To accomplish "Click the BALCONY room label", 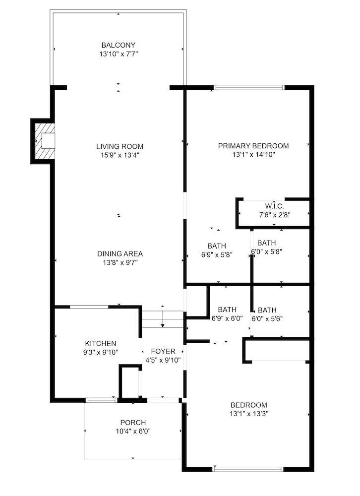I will [118, 45].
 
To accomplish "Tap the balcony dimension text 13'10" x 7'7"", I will [118, 53].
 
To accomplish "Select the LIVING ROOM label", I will [120, 146].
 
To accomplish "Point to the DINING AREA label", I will [120, 254].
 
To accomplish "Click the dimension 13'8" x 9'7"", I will [120, 262].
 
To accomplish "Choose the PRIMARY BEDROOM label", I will [253, 146].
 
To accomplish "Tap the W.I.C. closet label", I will [274, 206].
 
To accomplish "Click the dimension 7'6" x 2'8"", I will [274, 215].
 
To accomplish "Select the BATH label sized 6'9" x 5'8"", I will [217, 246].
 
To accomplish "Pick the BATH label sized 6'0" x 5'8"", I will [266, 243].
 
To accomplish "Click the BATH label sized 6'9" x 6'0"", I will [227, 310].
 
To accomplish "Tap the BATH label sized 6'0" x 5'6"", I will [267, 310].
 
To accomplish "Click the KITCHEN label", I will [101, 343].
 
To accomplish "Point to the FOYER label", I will [163, 352].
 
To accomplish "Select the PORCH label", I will [133, 423].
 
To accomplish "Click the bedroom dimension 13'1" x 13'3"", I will [248, 413].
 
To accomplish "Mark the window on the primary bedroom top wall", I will [249, 88].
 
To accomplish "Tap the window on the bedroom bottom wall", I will [248, 468].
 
